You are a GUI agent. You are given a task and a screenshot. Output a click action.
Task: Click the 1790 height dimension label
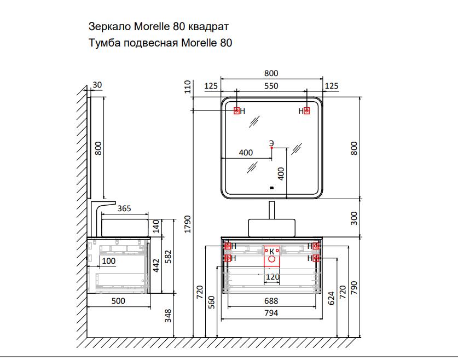[188, 224]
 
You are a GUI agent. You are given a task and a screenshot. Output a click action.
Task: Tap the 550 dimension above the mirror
[271, 86]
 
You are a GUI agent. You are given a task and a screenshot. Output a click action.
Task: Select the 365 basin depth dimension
[124, 208]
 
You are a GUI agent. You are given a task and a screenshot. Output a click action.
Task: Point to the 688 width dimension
[271, 301]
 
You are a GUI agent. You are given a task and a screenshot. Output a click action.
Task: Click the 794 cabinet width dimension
[271, 313]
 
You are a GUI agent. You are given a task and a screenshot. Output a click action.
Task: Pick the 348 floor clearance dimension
[168, 316]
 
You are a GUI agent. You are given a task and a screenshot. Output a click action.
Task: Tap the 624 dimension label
[331, 298]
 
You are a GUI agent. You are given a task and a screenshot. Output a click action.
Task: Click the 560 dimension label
[212, 302]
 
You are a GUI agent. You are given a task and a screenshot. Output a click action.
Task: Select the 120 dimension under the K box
[273, 276]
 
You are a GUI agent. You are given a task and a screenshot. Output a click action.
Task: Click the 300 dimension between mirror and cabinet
[353, 218]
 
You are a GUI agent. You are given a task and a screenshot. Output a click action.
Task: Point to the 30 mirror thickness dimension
[97, 85]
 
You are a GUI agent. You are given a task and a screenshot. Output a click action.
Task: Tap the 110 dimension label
[188, 86]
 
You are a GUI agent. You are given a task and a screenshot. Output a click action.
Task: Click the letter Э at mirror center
[271, 143]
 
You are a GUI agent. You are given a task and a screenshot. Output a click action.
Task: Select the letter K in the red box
[271, 251]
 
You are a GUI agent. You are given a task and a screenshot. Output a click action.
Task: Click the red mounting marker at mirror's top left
[236, 111]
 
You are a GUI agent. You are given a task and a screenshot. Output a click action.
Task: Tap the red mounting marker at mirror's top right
[306, 111]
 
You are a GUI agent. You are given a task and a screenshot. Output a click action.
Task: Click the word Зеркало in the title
[110, 26]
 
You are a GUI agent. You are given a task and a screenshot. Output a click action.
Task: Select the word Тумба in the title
[105, 43]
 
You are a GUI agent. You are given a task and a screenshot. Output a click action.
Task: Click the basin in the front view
[271, 228]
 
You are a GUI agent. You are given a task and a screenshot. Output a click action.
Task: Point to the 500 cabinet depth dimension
[118, 301]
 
